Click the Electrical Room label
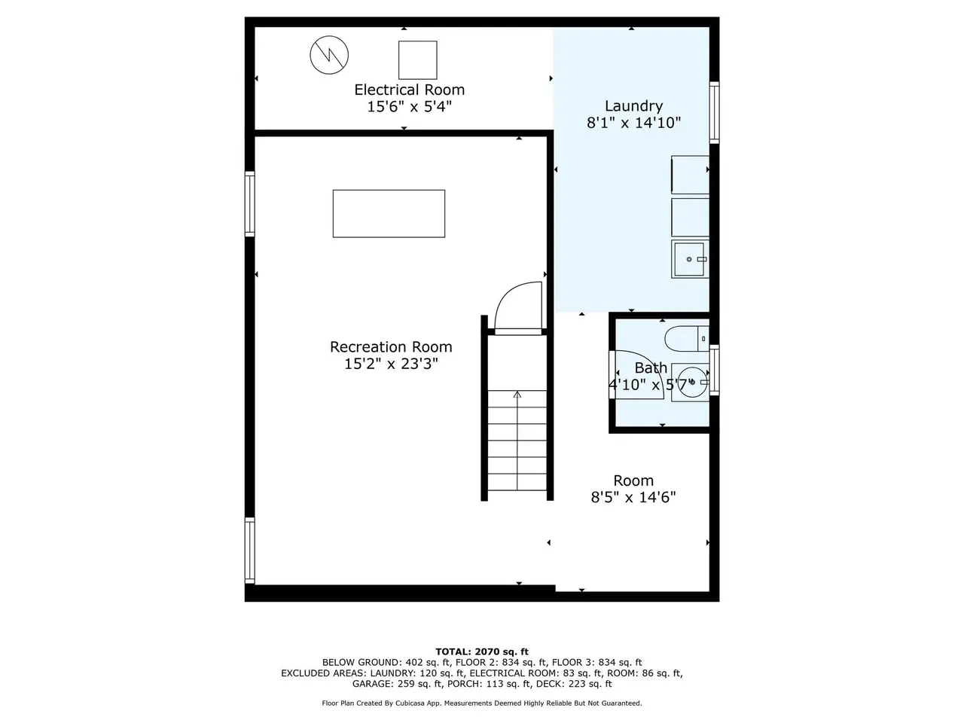pyautogui.click(x=409, y=90)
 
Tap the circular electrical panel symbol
pyautogui.click(x=329, y=55)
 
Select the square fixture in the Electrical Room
pyautogui.click(x=417, y=59)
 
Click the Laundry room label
pyautogui.click(x=633, y=105)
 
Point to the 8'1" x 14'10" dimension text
pyautogui.click(x=633, y=123)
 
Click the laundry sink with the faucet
pyautogui.click(x=690, y=259)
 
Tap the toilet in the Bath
pyautogui.click(x=686, y=338)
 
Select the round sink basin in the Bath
pyautogui.click(x=691, y=382)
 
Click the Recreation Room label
pyautogui.click(x=391, y=346)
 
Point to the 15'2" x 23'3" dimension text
pyautogui.click(x=391, y=364)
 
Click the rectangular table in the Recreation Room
pyautogui.click(x=389, y=214)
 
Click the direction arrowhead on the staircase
pyautogui.click(x=517, y=394)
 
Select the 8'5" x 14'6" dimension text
pyautogui.click(x=633, y=497)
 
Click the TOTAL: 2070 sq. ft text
pyautogui.click(x=482, y=652)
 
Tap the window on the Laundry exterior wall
pyautogui.click(x=715, y=112)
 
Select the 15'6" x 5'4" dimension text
pyautogui.click(x=409, y=107)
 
